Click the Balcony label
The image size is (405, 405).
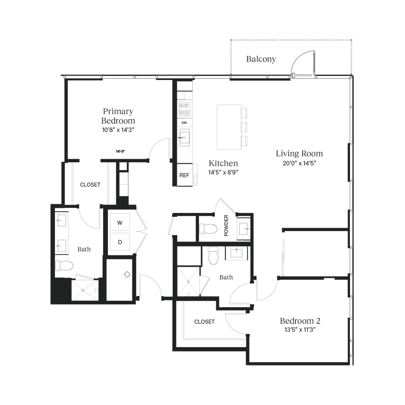[261, 59]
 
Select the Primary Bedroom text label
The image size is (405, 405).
[119, 116]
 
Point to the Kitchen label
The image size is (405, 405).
[223, 163]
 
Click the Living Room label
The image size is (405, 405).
[299, 153]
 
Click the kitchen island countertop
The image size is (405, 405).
[229, 127]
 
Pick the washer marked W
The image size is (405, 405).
[119, 223]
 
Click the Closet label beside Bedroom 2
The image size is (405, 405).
[204, 321]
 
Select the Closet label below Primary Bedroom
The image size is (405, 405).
[90, 184]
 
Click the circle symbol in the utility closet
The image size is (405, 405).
[127, 274]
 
